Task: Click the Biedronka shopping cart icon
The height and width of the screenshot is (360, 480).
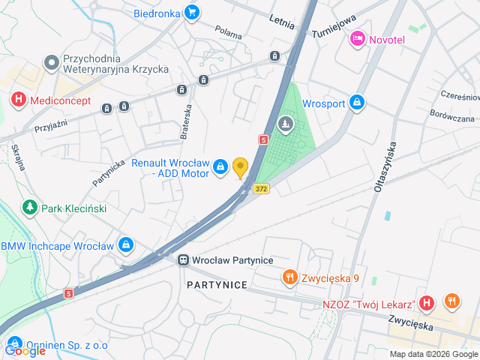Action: click(x=192, y=12)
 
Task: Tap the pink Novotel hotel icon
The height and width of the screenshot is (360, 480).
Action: click(x=358, y=38)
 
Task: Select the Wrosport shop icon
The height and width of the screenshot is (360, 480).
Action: click(x=357, y=101)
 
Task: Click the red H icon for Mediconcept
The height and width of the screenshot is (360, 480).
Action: click(x=17, y=99)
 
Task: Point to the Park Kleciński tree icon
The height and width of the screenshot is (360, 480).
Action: click(x=30, y=206)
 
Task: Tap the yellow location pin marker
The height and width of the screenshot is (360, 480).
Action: click(x=240, y=167)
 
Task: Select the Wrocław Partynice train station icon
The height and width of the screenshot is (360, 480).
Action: click(x=182, y=259)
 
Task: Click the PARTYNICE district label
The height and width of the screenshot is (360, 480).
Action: click(x=217, y=286)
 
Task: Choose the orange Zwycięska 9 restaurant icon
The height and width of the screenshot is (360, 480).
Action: click(x=289, y=278)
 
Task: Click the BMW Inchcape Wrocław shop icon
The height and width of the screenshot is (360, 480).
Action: click(x=126, y=245)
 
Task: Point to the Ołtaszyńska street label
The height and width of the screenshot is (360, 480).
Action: click(x=382, y=165)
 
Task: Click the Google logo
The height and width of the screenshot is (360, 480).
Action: click(x=25, y=350)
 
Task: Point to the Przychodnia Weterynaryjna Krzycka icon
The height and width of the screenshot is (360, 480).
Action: click(x=51, y=61)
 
